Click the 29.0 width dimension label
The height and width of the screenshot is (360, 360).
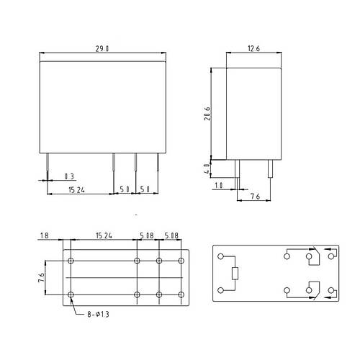pyautogui.click(x=102, y=49)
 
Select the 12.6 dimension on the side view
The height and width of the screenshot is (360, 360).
pyautogui.click(x=253, y=49)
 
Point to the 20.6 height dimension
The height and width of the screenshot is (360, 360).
pyautogui.click(x=207, y=114)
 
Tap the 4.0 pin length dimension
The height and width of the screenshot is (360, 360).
pyautogui.click(x=207, y=169)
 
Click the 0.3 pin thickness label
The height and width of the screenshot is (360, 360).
pyautogui.click(x=69, y=176)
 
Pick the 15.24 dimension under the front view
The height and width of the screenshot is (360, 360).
pyautogui.click(x=76, y=190)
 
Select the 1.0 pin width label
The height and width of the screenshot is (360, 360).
pyautogui.click(x=219, y=185)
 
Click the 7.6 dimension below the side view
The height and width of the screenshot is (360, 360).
pyautogui.click(x=255, y=197)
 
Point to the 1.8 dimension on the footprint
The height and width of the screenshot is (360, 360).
pyautogui.click(x=45, y=235)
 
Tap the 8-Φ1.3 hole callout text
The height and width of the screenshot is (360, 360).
pyautogui.click(x=98, y=314)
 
